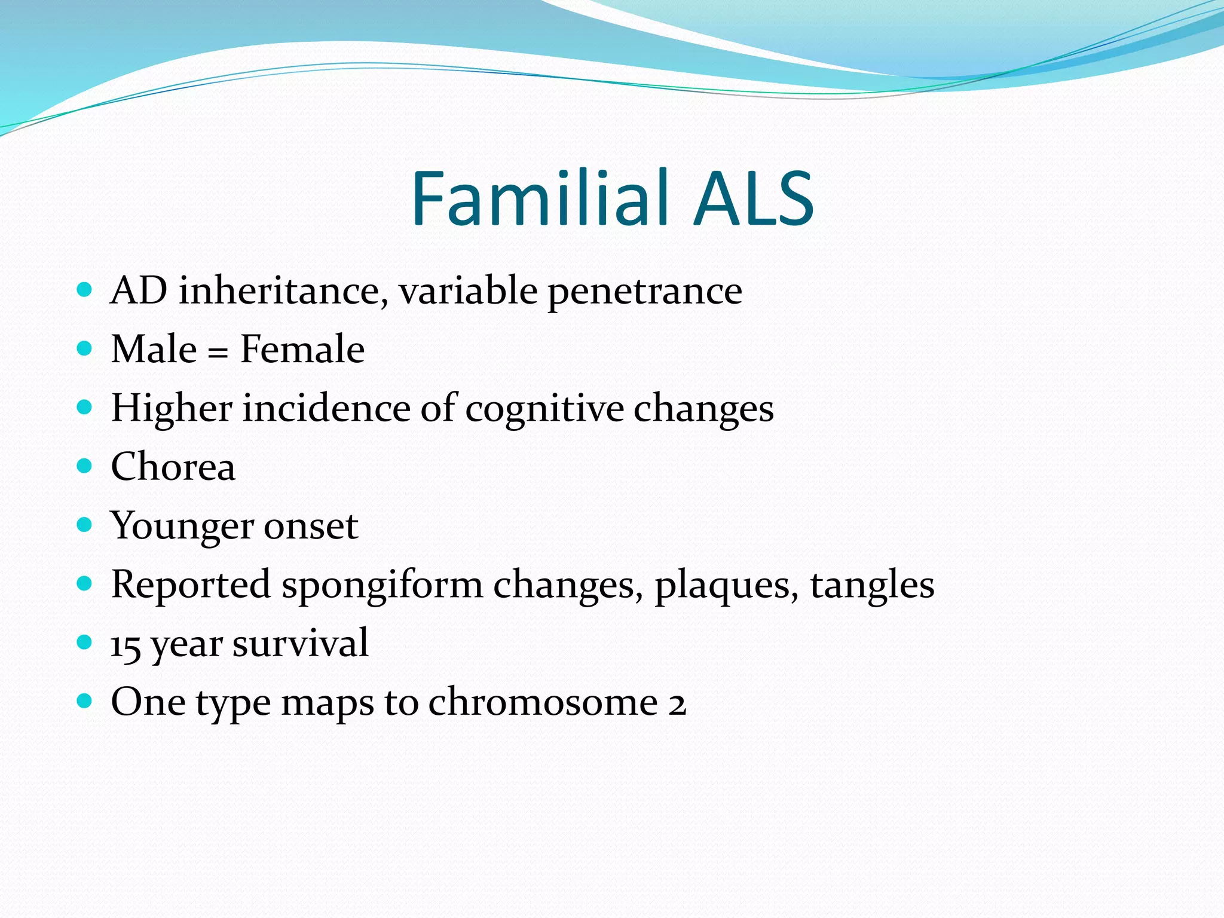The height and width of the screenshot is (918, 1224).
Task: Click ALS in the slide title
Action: [x=754, y=198]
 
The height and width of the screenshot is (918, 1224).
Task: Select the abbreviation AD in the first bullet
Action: [x=139, y=291]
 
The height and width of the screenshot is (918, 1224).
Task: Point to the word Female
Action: [x=302, y=349]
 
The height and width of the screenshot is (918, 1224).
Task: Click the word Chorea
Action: [x=173, y=467]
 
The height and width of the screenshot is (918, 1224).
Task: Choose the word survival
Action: [x=300, y=644]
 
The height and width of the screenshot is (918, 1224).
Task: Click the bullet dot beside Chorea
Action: [x=85, y=466]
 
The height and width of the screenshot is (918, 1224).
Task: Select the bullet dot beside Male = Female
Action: [x=85, y=348]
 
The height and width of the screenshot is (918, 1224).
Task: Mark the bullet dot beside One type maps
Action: [x=85, y=700]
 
